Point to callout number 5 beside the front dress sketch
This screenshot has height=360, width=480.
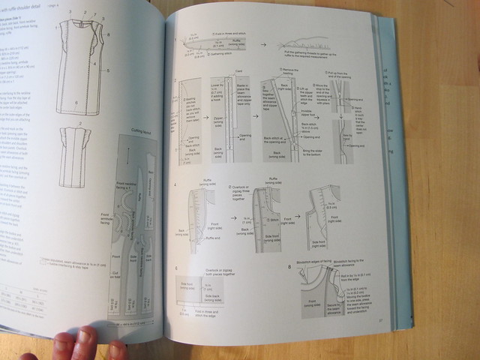(107, 70)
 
